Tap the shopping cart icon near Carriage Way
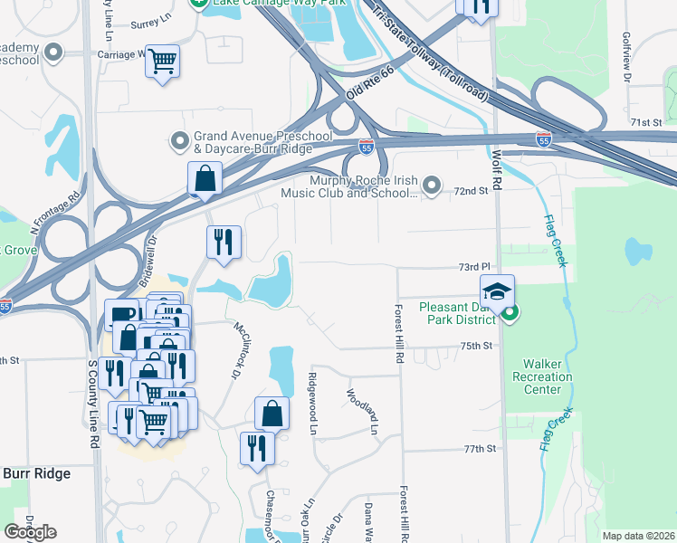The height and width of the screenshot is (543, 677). click(163, 62)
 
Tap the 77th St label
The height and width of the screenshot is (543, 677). click(481, 449)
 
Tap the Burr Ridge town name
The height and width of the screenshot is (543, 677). click(36, 473)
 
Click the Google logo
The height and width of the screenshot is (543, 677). click(30, 532)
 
